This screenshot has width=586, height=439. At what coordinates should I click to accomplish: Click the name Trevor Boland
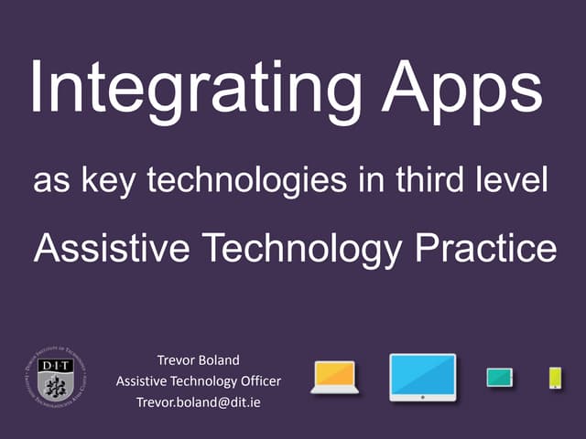[x=198, y=360]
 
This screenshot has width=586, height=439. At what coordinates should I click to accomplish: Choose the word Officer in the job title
[x=258, y=380]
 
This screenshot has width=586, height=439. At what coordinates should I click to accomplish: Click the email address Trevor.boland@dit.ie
[x=198, y=402]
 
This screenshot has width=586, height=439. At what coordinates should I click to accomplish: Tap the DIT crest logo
[x=55, y=378]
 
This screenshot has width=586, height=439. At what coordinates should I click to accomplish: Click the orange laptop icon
[x=334, y=377]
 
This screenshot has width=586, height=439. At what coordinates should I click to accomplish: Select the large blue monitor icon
[x=422, y=377]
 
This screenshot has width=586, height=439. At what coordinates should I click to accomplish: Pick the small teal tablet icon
[x=499, y=377]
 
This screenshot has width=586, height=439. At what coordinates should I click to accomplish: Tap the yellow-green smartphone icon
[x=555, y=377]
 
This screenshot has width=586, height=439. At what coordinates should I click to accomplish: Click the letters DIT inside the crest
[x=54, y=365]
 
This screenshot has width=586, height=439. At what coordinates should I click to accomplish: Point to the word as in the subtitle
[x=49, y=180]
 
